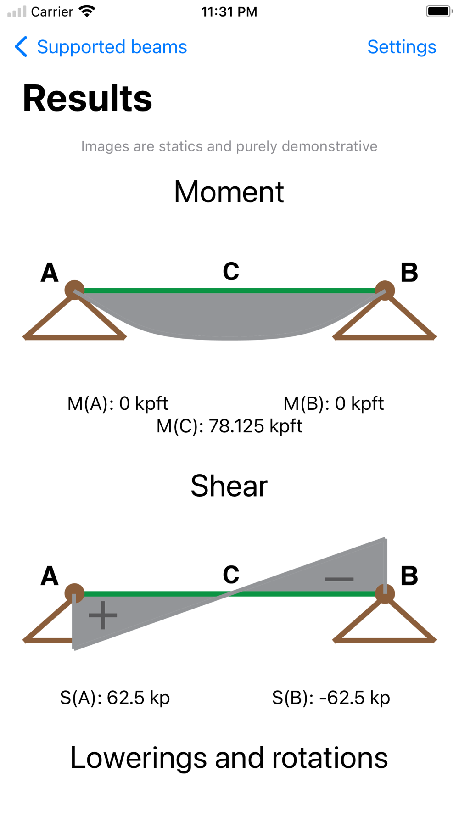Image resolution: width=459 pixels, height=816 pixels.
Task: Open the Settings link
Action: [402, 47]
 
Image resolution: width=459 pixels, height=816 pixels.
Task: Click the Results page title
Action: [87, 98]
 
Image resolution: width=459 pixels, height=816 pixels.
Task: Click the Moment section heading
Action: [229, 191]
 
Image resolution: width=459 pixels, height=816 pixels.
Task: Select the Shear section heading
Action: [229, 486]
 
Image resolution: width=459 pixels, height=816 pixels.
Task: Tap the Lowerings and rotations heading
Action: [229, 758]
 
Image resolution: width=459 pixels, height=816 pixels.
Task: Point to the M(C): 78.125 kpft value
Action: [229, 426]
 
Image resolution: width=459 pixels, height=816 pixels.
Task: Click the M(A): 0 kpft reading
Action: [118, 404]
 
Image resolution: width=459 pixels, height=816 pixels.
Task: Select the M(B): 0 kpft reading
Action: [334, 404]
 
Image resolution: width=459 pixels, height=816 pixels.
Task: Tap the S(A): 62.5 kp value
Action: [115, 698]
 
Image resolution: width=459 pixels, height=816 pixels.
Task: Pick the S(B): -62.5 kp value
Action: [331, 698]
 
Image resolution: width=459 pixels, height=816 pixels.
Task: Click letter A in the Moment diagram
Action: [50, 273]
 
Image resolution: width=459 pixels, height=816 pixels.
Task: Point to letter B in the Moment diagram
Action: [409, 273]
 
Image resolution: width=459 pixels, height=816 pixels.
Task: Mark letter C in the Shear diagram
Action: [231, 575]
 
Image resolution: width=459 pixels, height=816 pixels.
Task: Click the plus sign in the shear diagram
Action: [103, 615]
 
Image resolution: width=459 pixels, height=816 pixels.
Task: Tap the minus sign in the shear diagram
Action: [339, 579]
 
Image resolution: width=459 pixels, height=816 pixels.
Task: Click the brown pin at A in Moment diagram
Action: [74, 290]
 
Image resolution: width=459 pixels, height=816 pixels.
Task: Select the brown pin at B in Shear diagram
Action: [385, 593]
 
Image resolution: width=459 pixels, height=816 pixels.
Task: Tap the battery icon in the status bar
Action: [439, 11]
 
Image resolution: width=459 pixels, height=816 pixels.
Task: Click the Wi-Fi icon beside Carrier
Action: [87, 11]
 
